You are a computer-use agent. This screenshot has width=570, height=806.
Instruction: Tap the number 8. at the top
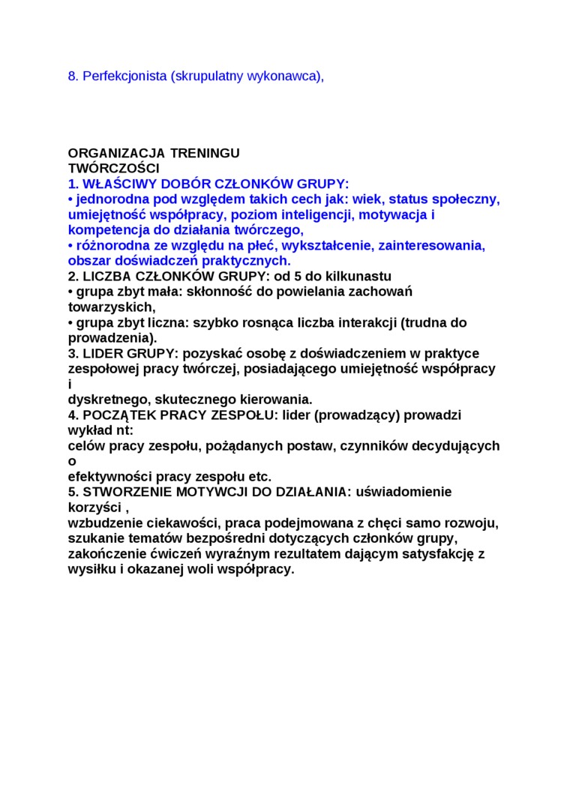73,76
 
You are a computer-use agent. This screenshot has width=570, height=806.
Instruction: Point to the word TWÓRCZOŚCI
113,169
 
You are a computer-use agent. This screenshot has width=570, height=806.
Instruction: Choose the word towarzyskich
110,307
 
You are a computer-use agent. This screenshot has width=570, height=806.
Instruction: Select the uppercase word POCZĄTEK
117,415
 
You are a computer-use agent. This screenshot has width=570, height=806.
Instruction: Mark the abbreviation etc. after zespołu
260,476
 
